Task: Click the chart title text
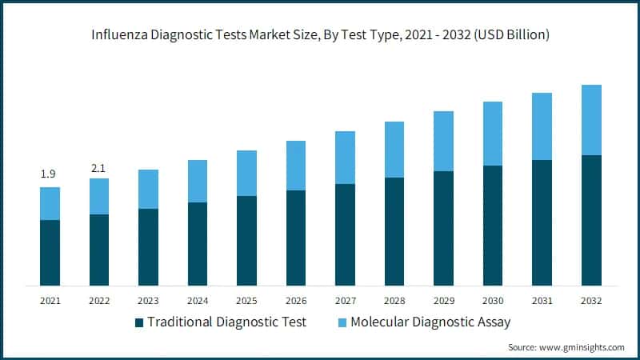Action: [x=320, y=35]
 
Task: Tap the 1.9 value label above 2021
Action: [x=50, y=174]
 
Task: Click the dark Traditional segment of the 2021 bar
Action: [x=50, y=253]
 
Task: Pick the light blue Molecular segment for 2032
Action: [x=591, y=120]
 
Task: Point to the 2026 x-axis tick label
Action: [x=296, y=301]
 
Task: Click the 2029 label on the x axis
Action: [x=443, y=301]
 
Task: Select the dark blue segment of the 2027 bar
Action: [x=345, y=234]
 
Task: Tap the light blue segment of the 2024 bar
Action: [x=198, y=181]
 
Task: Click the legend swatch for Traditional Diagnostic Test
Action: [x=139, y=322]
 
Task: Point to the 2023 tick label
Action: [x=148, y=301]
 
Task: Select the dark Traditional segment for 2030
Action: [x=493, y=226]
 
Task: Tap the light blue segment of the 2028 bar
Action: [x=394, y=150]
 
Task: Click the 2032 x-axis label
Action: [x=591, y=301]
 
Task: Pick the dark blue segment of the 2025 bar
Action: [x=246, y=241]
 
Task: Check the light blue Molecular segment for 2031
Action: [x=542, y=126]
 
